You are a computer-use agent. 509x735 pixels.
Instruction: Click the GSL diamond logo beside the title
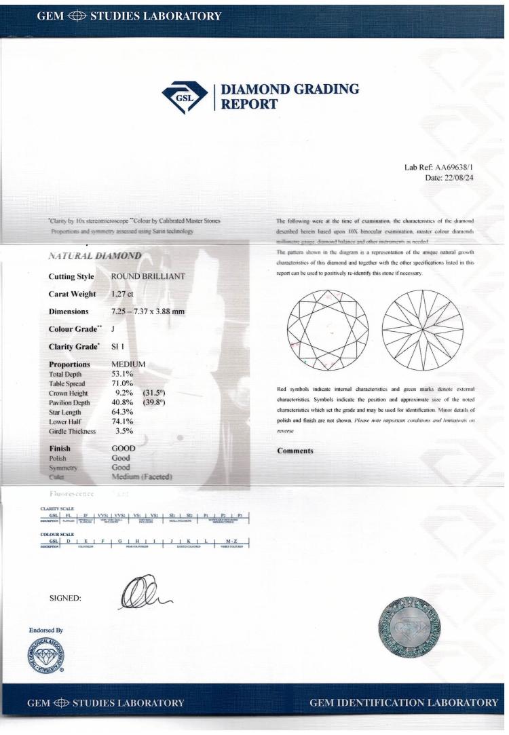tap(186, 97)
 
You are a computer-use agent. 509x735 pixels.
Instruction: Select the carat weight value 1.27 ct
tap(123, 295)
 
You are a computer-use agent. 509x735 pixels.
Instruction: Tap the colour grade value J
tap(113, 329)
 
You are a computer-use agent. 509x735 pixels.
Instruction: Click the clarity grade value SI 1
tap(119, 347)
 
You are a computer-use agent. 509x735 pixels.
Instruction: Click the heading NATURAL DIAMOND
tap(94, 256)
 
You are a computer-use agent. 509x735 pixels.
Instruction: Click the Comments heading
tap(295, 451)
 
